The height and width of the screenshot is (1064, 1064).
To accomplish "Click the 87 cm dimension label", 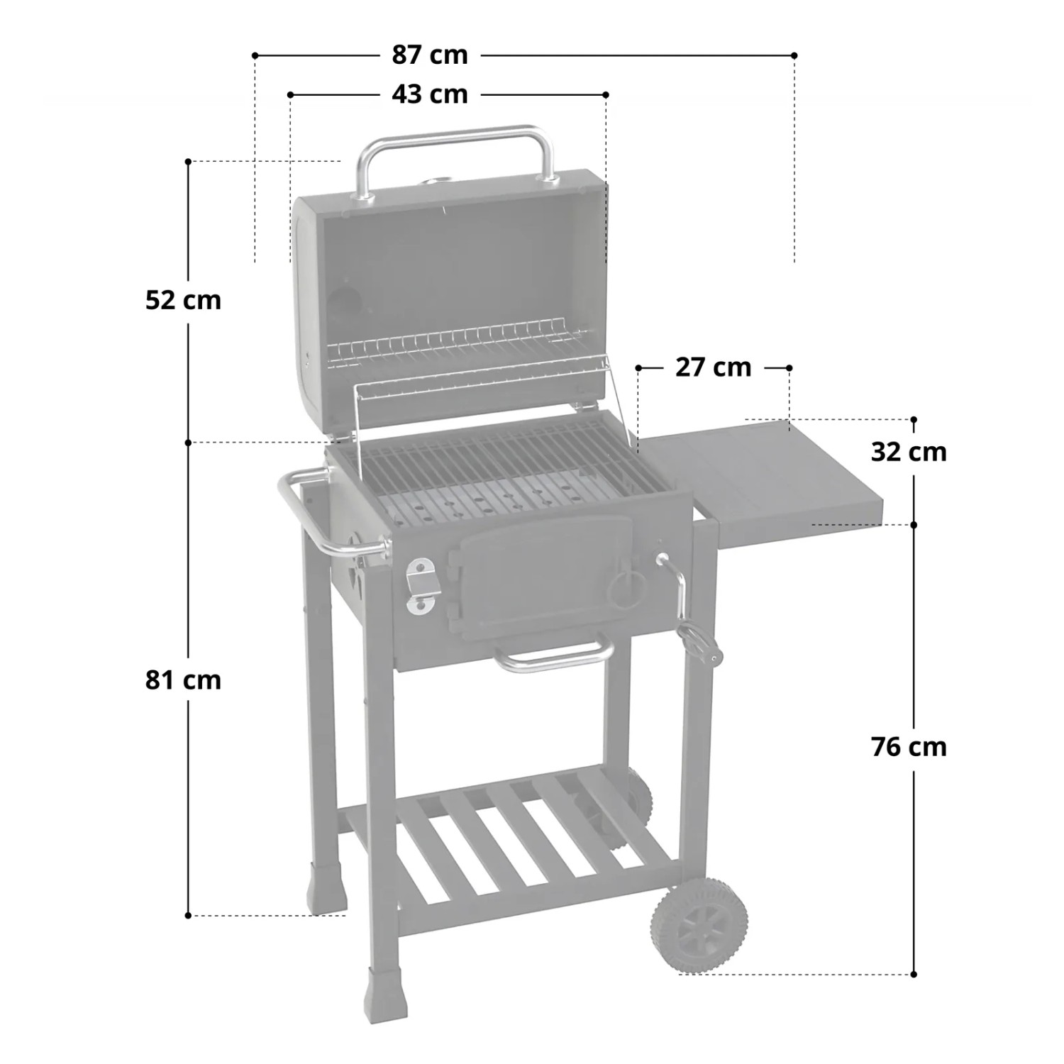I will coord(430,55).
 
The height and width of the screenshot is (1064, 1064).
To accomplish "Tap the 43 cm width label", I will coord(430,94).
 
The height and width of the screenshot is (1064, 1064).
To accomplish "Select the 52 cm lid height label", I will coord(183,300).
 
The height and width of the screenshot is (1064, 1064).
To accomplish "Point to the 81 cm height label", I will coord(183,680).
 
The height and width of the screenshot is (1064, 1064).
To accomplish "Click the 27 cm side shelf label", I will coord(713,367).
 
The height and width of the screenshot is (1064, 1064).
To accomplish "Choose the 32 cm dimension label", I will coord(909,452).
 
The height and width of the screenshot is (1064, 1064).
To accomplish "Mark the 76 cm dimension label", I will coord(909,747).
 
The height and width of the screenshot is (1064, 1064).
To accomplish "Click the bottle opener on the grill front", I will coord(420,586).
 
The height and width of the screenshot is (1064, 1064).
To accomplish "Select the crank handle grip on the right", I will coord(702,643).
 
